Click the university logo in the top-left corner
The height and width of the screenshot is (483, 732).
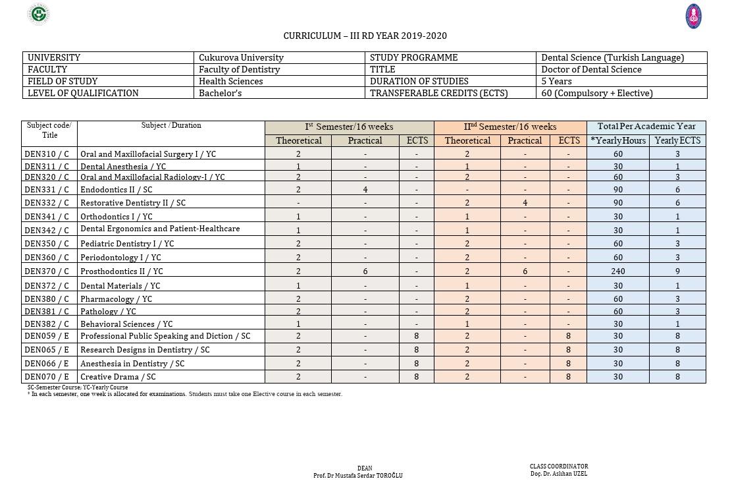39,14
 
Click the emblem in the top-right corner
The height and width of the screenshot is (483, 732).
693,16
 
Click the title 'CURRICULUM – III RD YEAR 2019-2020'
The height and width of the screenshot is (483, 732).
365,36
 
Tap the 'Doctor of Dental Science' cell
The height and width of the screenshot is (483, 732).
591,69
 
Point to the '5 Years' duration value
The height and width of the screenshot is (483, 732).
556,81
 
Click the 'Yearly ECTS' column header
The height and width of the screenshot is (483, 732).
677,140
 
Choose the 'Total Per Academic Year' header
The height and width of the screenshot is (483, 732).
646,127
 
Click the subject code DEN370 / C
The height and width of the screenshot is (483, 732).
47,271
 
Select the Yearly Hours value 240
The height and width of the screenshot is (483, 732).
617,271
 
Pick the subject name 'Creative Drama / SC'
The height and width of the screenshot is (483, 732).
118,376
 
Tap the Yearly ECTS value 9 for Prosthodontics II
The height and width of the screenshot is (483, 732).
677,271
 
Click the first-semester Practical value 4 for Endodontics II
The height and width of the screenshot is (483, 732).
365,189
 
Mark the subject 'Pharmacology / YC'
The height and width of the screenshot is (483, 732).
116,298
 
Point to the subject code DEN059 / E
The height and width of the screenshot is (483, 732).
47,336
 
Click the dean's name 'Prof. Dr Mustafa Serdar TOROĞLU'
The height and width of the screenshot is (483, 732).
357,475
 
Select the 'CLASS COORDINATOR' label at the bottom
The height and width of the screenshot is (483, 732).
559,467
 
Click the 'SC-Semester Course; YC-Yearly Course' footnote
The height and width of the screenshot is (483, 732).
78,387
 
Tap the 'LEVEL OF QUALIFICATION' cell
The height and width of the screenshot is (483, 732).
83,93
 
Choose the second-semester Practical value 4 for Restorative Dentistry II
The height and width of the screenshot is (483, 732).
525,202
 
